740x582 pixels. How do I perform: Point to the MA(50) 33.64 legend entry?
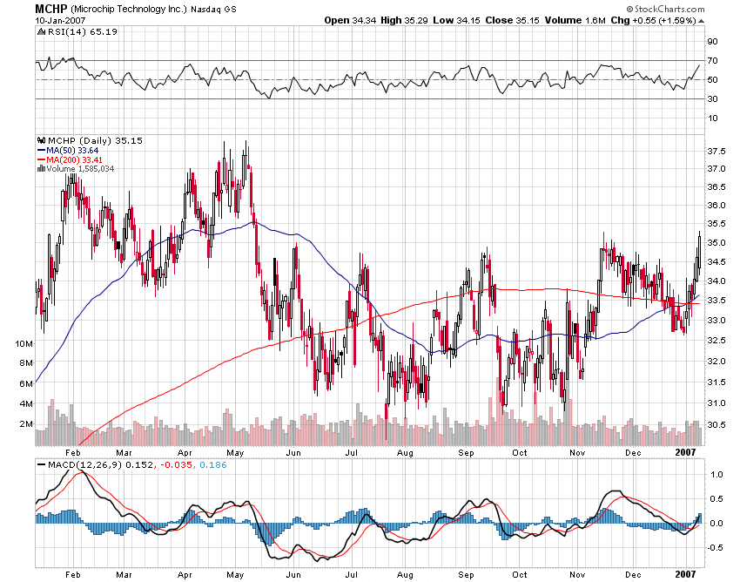coord(69,149)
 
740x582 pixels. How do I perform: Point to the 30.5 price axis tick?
coord(716,425)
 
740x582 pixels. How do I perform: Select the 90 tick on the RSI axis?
coord(711,41)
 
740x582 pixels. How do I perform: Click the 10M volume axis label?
coord(24,343)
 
